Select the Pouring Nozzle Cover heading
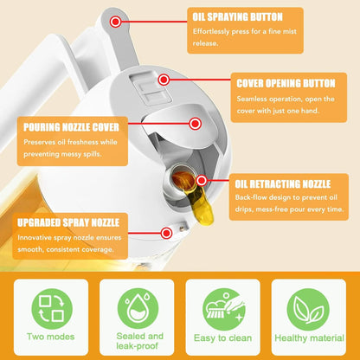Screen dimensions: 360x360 [72, 126]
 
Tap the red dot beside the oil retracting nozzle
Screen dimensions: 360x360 [201, 181]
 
